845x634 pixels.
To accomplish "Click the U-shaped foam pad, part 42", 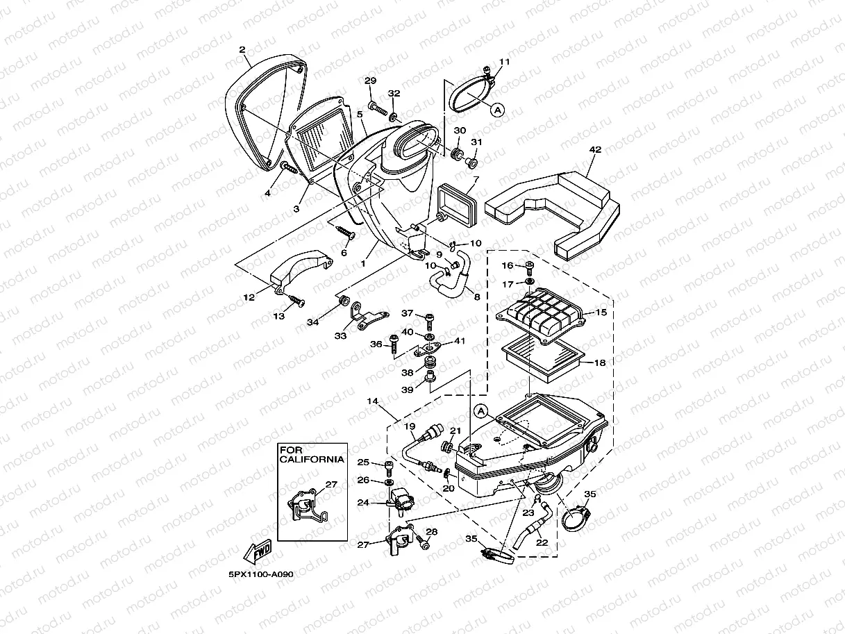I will pos(555,208).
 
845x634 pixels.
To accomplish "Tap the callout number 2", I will pos(242,49).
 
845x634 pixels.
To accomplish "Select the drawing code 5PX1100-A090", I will pos(261,576).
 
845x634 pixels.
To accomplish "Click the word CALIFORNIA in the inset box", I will pos(312,459).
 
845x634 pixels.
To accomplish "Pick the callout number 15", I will pos(601,312).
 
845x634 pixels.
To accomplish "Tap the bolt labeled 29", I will pos(378,108).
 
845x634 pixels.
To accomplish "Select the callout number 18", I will pos(601,362).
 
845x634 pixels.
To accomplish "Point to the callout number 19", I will pos(409,426).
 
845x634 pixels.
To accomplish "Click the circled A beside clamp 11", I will pos(498,108).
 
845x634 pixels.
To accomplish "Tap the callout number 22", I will pos(542,543).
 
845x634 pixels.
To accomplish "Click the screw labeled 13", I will pos(296,301).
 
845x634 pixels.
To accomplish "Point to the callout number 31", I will pos(476,142).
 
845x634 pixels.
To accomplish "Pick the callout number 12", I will pos(249,297).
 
